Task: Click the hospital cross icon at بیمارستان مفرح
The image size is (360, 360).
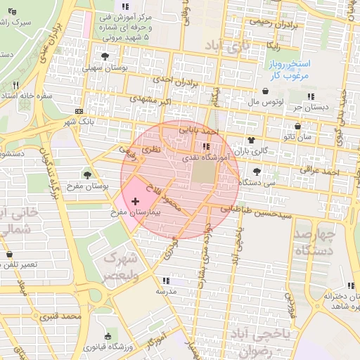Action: (x=136, y=202)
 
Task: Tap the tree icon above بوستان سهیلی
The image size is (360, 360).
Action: (x=105, y=57)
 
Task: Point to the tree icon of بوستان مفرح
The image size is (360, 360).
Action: (x=88, y=174)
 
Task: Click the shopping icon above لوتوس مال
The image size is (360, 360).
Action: (x=265, y=91)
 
